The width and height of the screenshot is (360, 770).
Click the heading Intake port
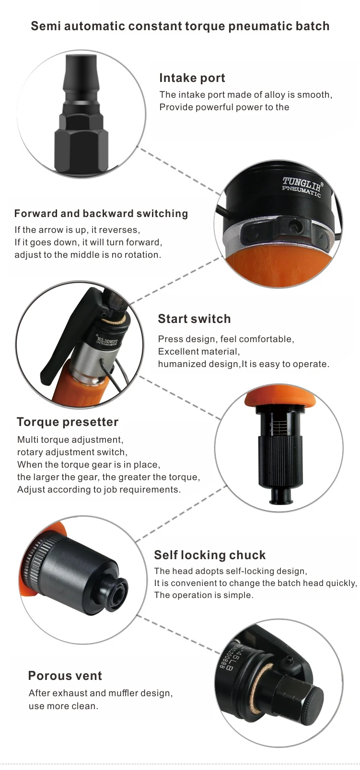point(192,78)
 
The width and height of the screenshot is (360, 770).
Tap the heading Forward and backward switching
point(101,214)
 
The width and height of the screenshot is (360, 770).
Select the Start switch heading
point(194,319)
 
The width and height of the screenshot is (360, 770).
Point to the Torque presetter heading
point(68,422)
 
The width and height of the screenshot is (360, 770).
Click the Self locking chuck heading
point(210,555)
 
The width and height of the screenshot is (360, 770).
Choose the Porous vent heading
point(65,676)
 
